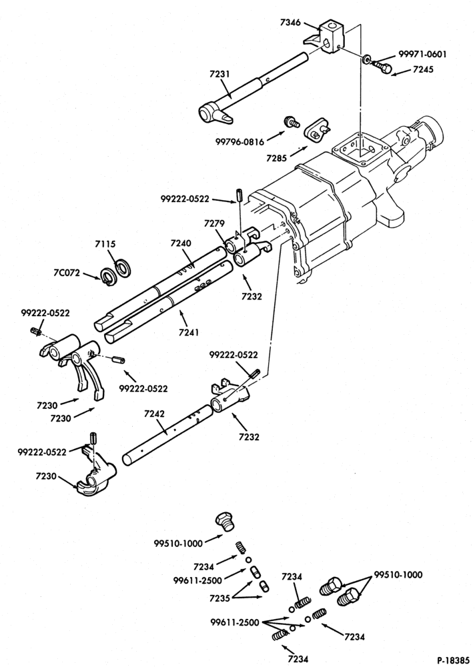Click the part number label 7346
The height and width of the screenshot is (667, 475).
[290, 22]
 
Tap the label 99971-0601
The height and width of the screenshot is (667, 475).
[423, 55]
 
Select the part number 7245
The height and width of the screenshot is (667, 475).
[423, 69]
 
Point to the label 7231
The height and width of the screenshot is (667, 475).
[219, 74]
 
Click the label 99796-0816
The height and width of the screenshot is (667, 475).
[240, 141]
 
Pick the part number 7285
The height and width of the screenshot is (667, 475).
[277, 158]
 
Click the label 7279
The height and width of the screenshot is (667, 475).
[215, 223]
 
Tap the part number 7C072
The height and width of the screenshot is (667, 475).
[67, 273]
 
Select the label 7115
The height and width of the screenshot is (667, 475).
[105, 244]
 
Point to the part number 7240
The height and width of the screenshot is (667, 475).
[181, 243]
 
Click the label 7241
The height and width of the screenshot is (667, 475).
[189, 332]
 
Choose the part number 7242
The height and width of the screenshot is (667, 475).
[155, 414]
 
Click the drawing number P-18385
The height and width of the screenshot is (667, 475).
[455, 660]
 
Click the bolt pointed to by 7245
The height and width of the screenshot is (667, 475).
[381, 66]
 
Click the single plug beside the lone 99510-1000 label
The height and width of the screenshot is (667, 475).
[224, 522]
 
